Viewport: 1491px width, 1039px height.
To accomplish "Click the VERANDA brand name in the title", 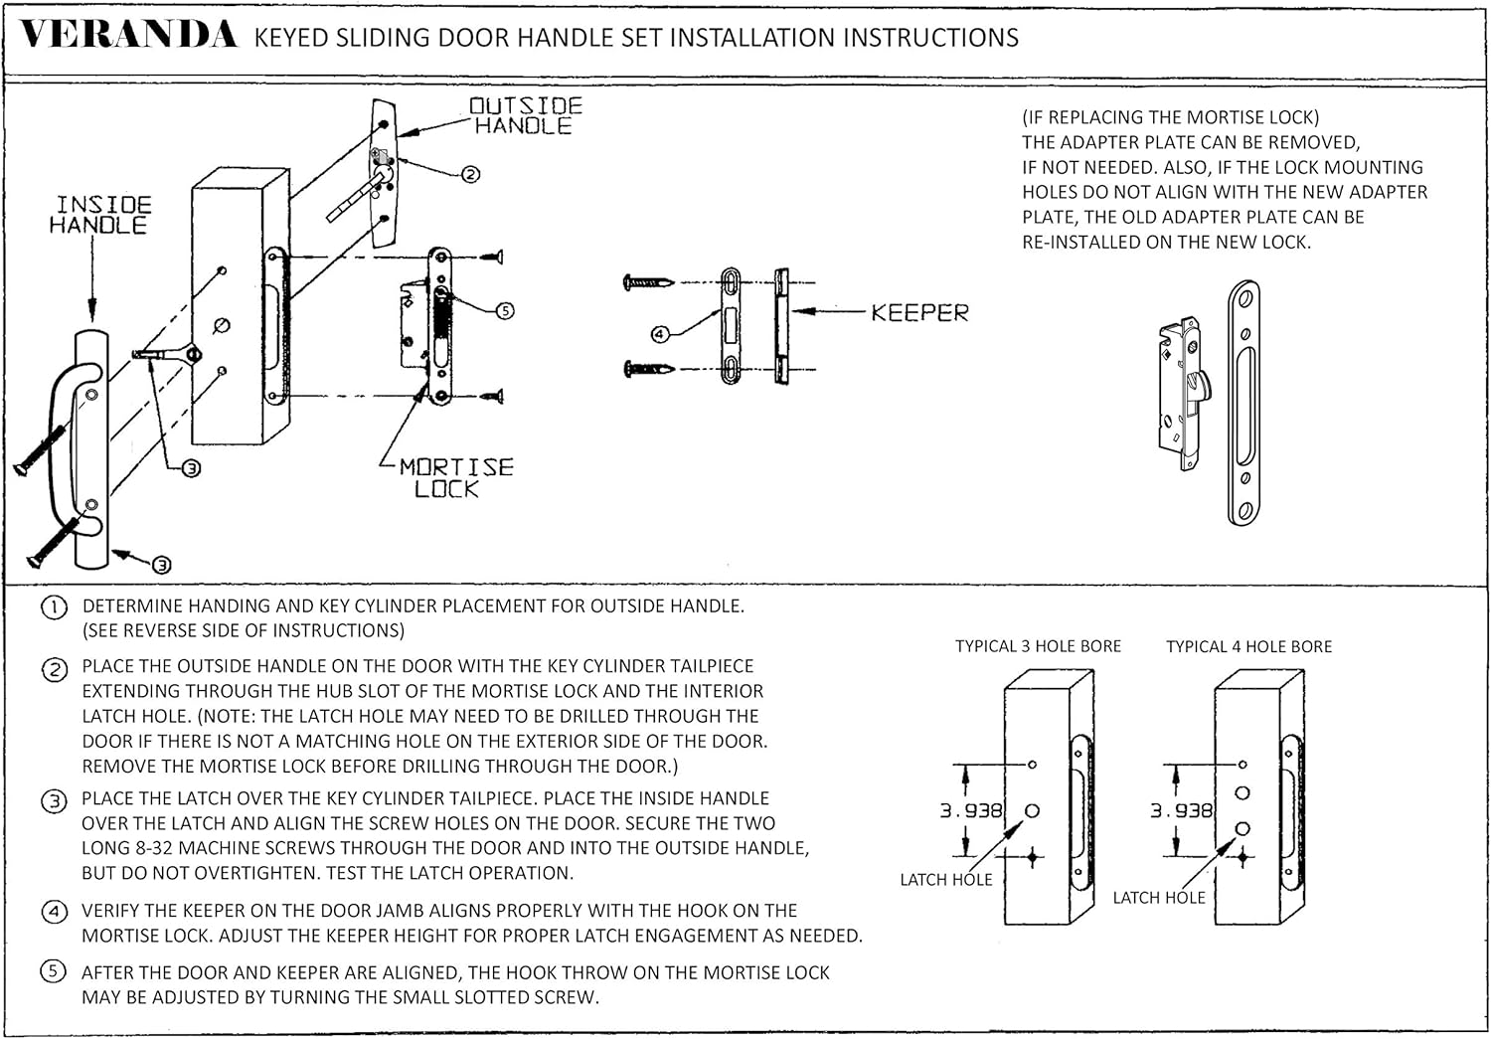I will pos(129,36).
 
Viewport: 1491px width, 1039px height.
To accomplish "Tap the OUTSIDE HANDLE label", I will pos(525,116).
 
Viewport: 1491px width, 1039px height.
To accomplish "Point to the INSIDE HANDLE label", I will pos(100,215).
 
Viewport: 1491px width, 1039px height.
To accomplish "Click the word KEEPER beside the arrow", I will pos(919,313).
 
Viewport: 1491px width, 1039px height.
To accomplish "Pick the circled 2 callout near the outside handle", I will pos(471,174).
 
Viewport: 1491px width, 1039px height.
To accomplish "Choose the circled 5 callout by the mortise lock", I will pos(505,310).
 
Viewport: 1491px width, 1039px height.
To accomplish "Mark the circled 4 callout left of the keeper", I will pos(659,334).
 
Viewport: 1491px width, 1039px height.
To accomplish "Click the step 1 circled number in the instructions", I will pos(54,606).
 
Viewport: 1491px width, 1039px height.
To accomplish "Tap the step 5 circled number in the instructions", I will pos(54,972).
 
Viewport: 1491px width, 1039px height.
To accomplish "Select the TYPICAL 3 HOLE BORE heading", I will pos(1038,646).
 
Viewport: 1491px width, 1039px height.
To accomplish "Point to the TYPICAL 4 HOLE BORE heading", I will pos(1248,646).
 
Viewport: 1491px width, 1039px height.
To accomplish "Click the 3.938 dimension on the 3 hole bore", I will pos(971,811).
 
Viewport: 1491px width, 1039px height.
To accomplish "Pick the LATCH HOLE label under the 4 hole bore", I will pos(1158,898).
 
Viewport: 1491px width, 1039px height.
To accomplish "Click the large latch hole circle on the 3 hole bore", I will pos(1032,810).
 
